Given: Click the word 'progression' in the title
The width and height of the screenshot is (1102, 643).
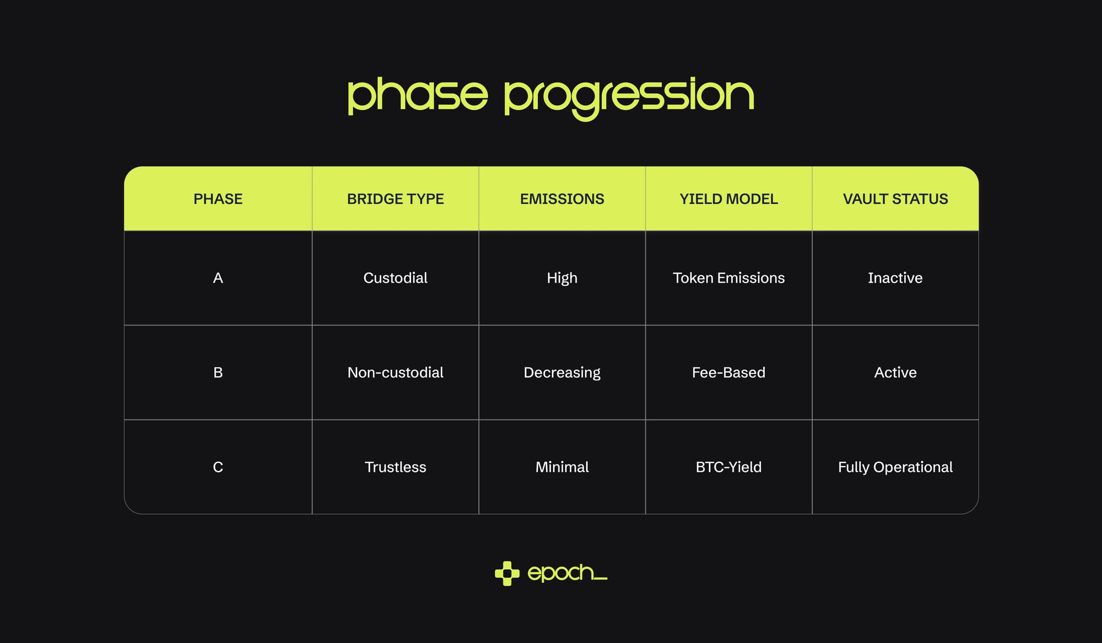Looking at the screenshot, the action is (629, 99).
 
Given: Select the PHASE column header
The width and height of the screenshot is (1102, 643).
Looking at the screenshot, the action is (218, 199).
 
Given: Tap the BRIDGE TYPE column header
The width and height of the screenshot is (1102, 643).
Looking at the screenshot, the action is (396, 199).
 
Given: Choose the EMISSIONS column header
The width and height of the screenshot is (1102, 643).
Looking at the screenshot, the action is (562, 199).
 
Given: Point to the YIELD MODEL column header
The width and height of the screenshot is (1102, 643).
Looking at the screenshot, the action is (728, 199).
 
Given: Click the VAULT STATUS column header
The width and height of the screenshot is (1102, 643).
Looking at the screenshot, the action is (895, 199).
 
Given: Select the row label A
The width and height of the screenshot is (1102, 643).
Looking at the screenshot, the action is (218, 278).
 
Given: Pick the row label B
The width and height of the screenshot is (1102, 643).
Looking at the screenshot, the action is (218, 372).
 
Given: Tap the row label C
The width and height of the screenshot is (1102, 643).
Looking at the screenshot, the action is (218, 467).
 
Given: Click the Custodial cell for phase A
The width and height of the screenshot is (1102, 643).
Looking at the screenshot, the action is (396, 278).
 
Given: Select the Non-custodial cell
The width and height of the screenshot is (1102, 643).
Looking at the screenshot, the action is (396, 372).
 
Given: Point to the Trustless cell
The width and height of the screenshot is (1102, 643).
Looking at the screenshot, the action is (396, 467).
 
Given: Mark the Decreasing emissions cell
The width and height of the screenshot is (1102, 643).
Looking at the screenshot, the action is (562, 373).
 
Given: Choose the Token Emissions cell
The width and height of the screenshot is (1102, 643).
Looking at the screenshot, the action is (728, 278).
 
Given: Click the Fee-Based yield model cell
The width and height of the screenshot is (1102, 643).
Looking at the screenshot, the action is (728, 372).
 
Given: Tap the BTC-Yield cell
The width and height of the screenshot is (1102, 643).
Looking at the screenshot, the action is (728, 467).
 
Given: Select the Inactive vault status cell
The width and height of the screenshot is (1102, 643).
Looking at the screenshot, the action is (895, 278).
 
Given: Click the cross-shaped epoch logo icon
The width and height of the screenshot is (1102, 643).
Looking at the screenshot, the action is (507, 574).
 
